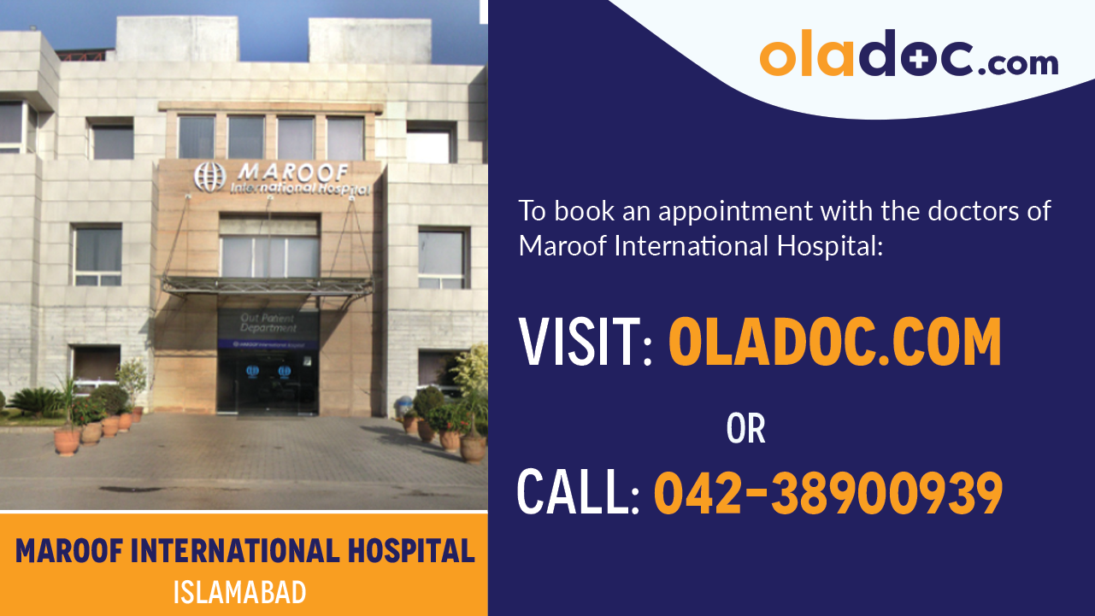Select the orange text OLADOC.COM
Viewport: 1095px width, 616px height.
click(x=834, y=342)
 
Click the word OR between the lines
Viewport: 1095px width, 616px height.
click(x=745, y=430)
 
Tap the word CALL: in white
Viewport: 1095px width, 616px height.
click(x=578, y=494)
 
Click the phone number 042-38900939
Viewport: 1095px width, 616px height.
click(x=827, y=494)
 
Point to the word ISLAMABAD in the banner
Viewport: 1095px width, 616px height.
click(x=239, y=592)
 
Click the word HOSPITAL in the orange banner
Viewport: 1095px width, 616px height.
click(x=410, y=552)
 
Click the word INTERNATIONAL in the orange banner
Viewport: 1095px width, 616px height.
click(x=231, y=552)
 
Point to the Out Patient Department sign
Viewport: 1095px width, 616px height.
click(x=268, y=323)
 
